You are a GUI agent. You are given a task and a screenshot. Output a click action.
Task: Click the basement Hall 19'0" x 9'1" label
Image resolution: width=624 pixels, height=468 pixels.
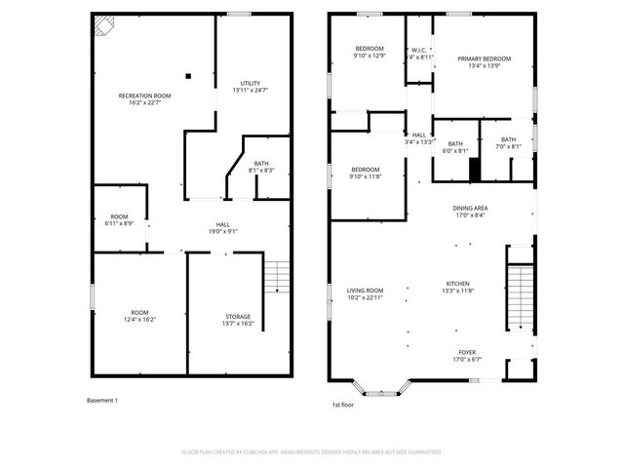point(222,228)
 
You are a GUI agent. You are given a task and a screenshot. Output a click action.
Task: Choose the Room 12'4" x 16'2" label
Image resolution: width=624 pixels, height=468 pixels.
point(139,316)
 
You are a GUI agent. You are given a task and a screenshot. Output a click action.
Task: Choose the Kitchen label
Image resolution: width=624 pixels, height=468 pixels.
point(457,287)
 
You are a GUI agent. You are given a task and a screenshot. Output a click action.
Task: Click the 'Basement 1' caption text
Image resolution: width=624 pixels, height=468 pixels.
point(102,401)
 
